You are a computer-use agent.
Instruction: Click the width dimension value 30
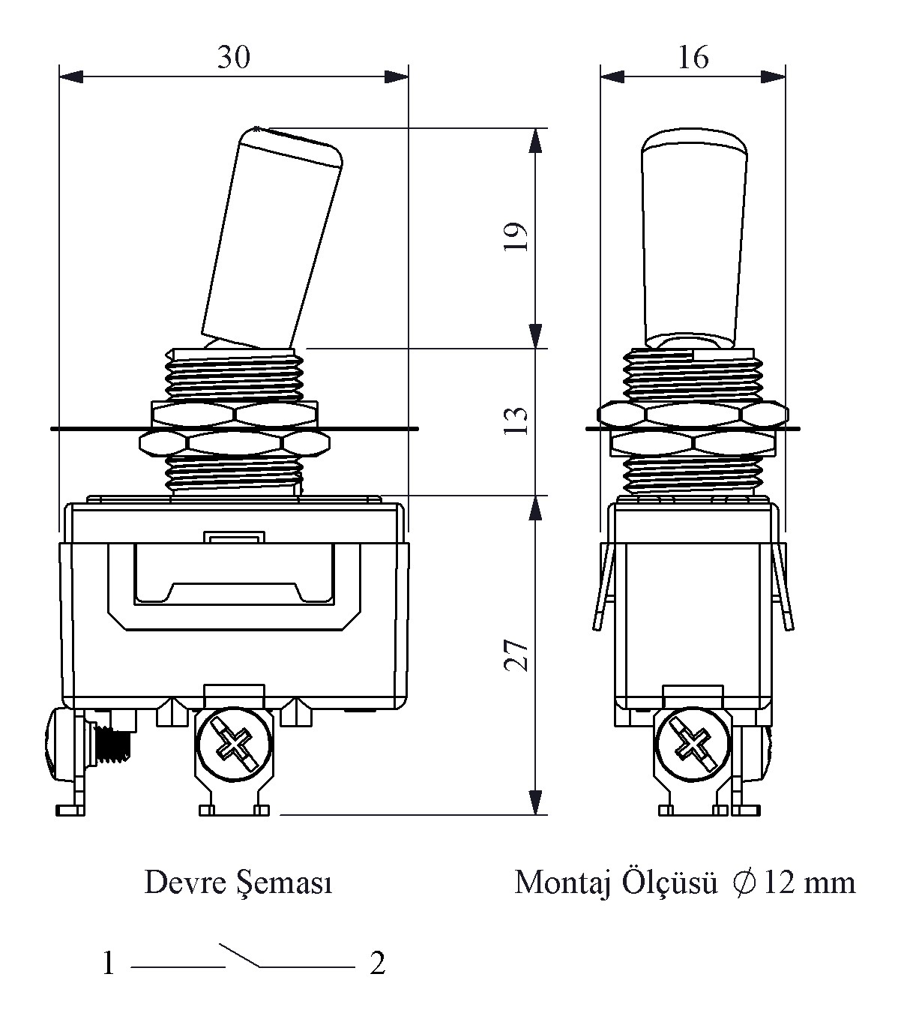(x=233, y=57)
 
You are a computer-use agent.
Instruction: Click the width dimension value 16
(x=693, y=57)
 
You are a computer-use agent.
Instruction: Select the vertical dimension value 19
(x=517, y=237)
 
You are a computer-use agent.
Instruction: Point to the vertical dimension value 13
(x=517, y=421)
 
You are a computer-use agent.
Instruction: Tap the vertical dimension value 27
(x=517, y=655)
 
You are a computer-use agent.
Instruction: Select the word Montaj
(x=561, y=883)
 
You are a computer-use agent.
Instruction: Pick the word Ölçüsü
(x=665, y=883)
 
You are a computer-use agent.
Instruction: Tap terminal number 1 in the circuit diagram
(x=109, y=964)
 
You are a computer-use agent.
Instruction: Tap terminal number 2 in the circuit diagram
(x=377, y=964)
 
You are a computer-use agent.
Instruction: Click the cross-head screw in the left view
(x=233, y=744)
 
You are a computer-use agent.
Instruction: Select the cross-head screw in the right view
(x=692, y=744)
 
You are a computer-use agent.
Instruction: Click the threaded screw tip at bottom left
(x=113, y=745)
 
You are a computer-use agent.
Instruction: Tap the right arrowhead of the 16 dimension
(x=774, y=76)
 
